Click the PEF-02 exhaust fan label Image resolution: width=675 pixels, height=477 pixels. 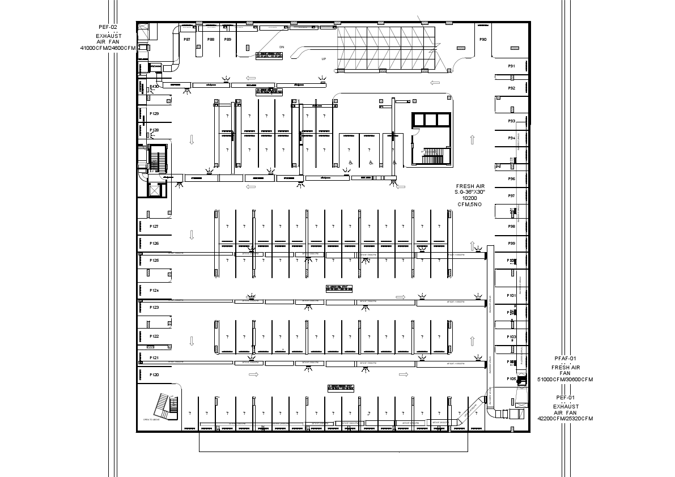108,37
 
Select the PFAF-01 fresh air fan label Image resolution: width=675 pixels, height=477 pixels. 565,369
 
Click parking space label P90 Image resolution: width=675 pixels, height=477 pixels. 483,40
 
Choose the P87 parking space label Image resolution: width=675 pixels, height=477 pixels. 187,40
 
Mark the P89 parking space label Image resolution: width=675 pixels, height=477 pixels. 228,40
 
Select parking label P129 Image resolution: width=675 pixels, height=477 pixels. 154,114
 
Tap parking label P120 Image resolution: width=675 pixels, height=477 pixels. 154,375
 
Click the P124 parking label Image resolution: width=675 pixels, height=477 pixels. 154,291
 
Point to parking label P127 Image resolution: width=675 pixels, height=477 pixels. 154,227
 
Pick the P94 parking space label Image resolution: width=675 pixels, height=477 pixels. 511,138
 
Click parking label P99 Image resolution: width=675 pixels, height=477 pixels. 511,243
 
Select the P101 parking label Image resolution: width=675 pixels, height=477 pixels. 511,296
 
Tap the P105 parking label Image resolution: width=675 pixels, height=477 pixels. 511,378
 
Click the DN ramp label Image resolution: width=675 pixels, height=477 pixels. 282,47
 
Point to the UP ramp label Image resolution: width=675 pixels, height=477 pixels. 324,59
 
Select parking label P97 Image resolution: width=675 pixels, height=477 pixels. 511,195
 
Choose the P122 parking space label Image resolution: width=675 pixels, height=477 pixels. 154,337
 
